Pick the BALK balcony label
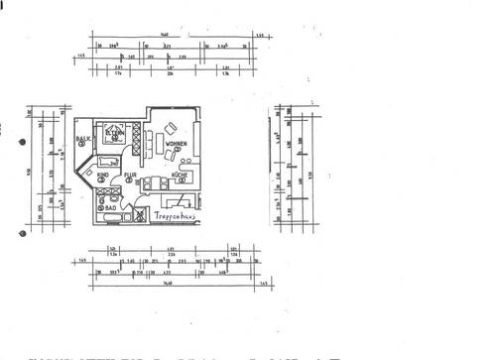click(83, 140)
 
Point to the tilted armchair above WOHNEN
click(170, 129)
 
